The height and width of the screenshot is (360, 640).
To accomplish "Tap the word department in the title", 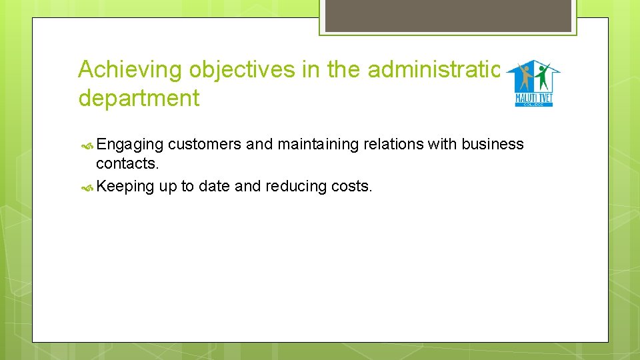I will tap(139, 98).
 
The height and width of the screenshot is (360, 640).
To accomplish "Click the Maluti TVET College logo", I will tap(533, 83).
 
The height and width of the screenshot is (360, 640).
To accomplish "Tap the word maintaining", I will tap(317, 145).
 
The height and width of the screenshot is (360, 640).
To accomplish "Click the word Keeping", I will tap(125, 186).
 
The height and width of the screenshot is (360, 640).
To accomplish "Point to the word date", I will tap(214, 186).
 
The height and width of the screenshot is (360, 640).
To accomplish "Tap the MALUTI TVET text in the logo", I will tap(533, 99).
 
